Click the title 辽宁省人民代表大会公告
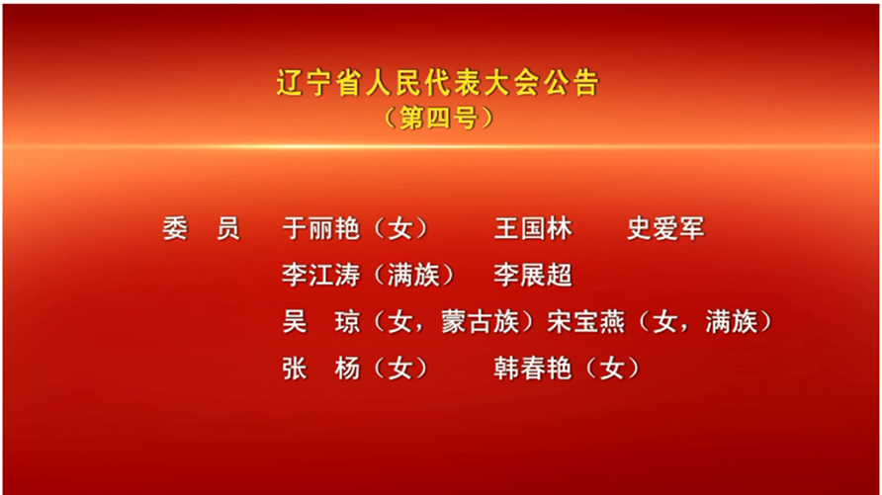[x=438, y=83]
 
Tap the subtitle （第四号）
[x=438, y=118]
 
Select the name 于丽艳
[x=320, y=228]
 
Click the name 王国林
[x=533, y=228]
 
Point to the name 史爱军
[x=666, y=228]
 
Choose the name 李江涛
[x=320, y=276]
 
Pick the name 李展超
[x=533, y=276]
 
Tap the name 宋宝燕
[x=586, y=322]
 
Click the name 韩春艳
[x=533, y=369]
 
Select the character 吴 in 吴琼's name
[x=295, y=322]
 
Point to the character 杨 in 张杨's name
[x=347, y=369]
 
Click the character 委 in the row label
[x=175, y=228]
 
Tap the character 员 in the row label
[x=228, y=228]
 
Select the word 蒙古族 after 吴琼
[x=480, y=322]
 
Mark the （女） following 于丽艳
[x=400, y=228]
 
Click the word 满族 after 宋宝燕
[x=732, y=322]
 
